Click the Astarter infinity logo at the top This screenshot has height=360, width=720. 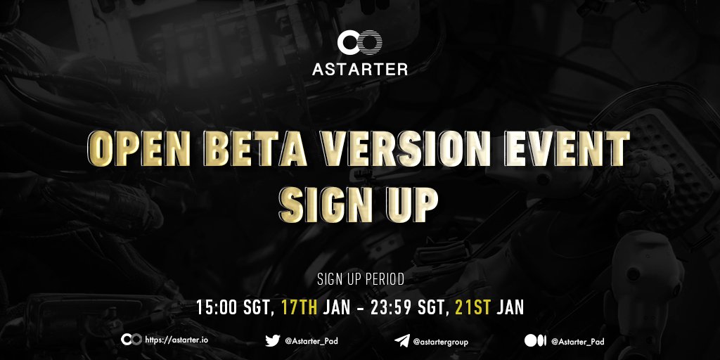[x=359, y=43]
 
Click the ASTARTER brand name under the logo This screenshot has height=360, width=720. [x=359, y=69]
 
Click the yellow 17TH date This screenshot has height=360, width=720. [x=300, y=307]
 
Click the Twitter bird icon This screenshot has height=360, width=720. [x=273, y=341]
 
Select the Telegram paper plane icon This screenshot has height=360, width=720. [x=401, y=341]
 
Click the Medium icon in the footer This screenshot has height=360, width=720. [x=535, y=341]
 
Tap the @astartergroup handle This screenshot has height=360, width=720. [x=441, y=342]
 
